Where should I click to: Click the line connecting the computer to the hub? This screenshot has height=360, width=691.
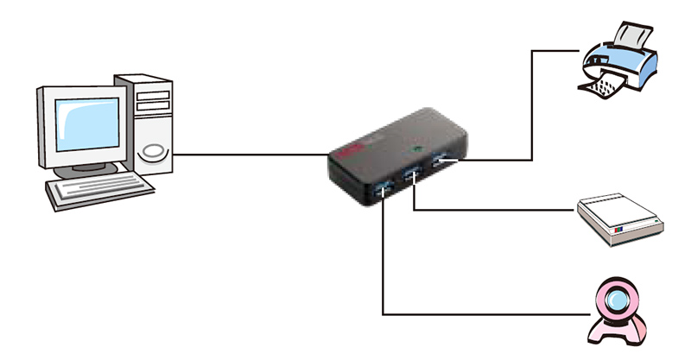coord(250,155)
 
